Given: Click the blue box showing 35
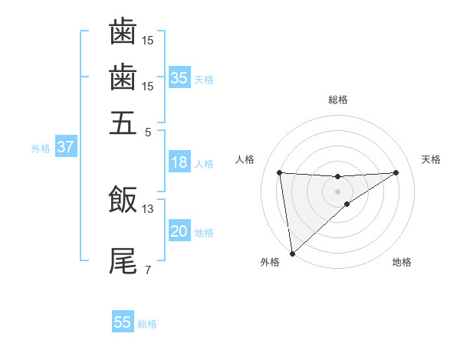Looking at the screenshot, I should coord(179,77).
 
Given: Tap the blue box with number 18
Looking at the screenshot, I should coord(179,162).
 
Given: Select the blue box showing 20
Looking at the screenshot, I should coord(179,231).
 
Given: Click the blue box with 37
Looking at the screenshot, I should coord(65,147).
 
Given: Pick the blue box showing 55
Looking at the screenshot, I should coord(123,322).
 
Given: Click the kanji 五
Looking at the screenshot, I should coord(123,122).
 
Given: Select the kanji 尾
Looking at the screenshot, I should coord(123,261).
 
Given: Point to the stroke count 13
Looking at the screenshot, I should coord(149,208).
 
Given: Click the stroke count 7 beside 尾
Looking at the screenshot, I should coord(147,270).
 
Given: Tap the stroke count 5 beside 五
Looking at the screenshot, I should coord(147,131).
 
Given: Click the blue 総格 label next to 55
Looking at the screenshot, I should coord(147,324).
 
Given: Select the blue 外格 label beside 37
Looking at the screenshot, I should coord(40,149).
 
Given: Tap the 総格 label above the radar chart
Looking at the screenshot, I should coord(337,100).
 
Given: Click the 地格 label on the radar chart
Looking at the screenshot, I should coord(402,263).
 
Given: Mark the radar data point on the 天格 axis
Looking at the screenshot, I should coord(396,172).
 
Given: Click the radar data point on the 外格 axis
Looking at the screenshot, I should coord(292,253).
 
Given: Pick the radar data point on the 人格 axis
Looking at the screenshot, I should coord(279,172).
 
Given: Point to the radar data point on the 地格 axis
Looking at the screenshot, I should coord(347,204).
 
